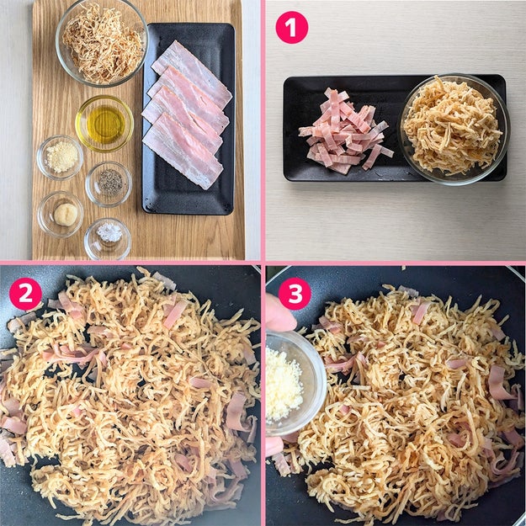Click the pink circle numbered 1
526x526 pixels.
click(291, 27)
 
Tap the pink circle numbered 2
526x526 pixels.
click(25, 294)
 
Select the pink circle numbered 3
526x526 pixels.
click(295, 294)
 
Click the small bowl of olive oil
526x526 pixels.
click(104, 124)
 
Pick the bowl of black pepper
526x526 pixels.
click(109, 183)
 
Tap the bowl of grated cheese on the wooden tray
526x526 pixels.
click(60, 157)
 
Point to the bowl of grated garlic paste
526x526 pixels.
click(61, 215)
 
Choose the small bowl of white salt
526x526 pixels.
click(108, 239)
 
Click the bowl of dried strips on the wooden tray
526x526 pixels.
click(102, 43)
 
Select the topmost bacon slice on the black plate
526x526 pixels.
click(192, 73)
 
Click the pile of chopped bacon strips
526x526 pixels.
click(344, 131)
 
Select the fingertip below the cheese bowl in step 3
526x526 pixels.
click(274, 446)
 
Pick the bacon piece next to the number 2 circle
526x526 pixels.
click(69, 306)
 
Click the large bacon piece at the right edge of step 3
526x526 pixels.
click(499, 383)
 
